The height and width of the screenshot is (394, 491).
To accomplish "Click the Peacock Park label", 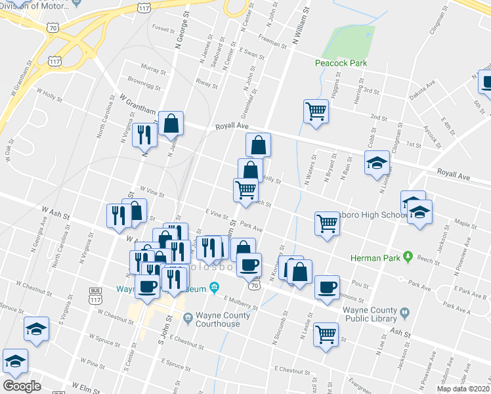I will (340, 63).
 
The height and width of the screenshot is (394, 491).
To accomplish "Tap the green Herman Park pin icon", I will (408, 255).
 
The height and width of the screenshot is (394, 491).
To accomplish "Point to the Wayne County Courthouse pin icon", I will (188, 318).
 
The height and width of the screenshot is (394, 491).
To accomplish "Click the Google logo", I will (22, 385).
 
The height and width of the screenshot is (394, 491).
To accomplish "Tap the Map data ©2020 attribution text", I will (463, 389).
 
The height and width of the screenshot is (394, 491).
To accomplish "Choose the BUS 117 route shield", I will (95, 294).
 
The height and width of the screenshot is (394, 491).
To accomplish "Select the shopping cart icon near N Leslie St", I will (326, 333).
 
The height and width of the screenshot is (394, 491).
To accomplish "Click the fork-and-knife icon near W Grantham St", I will (144, 135).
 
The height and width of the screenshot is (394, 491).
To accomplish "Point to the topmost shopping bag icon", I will (171, 122).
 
